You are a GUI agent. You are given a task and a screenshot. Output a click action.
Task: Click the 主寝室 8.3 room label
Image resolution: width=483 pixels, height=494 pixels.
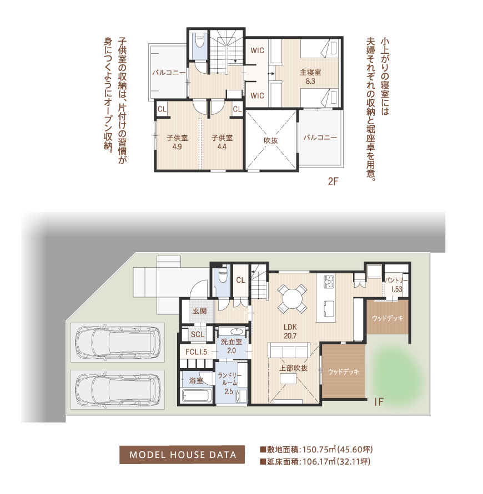[310, 77]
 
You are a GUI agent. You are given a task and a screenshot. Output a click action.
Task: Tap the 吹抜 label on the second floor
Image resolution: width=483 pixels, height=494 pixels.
[271, 140]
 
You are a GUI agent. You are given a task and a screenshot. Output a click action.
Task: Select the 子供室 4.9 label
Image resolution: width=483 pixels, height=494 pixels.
[177, 142]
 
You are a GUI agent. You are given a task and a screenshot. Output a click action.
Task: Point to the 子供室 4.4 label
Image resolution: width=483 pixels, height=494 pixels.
[222, 142]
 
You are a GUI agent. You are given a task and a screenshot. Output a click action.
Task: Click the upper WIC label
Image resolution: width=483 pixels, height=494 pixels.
[257, 50]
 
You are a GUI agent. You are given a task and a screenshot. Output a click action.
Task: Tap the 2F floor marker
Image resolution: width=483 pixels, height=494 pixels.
[333, 181]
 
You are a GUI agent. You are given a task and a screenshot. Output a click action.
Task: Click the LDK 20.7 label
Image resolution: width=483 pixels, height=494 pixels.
[290, 332]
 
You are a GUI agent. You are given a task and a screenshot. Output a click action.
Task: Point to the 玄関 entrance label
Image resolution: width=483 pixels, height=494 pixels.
[199, 311]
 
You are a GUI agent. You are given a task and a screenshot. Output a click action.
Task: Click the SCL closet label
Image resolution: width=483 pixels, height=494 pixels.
[198, 334]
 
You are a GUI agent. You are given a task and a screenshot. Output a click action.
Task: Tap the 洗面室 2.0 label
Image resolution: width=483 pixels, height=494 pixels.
[232, 346]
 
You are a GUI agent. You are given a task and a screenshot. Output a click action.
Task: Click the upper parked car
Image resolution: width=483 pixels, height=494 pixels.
[118, 342]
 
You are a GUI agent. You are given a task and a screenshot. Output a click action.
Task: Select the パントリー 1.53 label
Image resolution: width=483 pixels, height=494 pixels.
[396, 284]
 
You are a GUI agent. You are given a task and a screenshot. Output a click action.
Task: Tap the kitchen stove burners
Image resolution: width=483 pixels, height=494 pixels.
[329, 281]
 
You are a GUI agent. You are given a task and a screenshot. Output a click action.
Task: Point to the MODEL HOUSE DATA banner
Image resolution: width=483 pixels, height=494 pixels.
[182, 455]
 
